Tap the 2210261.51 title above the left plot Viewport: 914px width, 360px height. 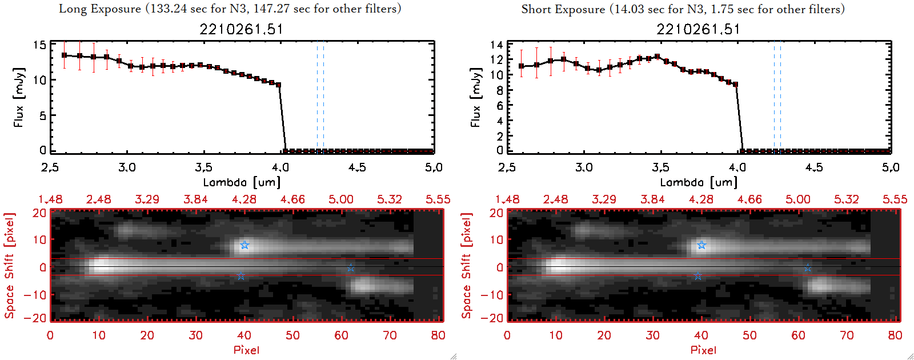pyautogui.click(x=241, y=29)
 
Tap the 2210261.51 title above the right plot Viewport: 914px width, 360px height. pyautogui.click(x=698, y=29)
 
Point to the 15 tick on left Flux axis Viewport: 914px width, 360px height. pyautogui.click(x=39, y=45)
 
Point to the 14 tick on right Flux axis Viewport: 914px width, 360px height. pyautogui.click(x=496, y=45)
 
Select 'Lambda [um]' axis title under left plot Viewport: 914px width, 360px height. pyautogui.click(x=242, y=182)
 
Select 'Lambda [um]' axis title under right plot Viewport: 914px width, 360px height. pyautogui.click(x=699, y=182)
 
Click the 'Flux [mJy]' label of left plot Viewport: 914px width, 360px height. pyautogui.click(x=19, y=97)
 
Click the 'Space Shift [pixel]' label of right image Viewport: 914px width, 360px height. pyautogui.click(x=467, y=266)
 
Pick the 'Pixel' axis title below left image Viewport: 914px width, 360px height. pyautogui.click(x=246, y=350)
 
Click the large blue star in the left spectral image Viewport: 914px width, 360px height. pyautogui.click(x=244, y=245)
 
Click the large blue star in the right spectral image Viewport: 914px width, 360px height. pyautogui.click(x=701, y=245)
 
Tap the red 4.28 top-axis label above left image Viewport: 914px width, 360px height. pyautogui.click(x=244, y=199)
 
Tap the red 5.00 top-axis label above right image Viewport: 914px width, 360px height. pyautogui.click(x=797, y=199)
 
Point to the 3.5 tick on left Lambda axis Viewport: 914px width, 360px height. pyautogui.click(x=203, y=167)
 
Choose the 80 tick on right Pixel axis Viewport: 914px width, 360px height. pyautogui.click(x=895, y=335)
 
